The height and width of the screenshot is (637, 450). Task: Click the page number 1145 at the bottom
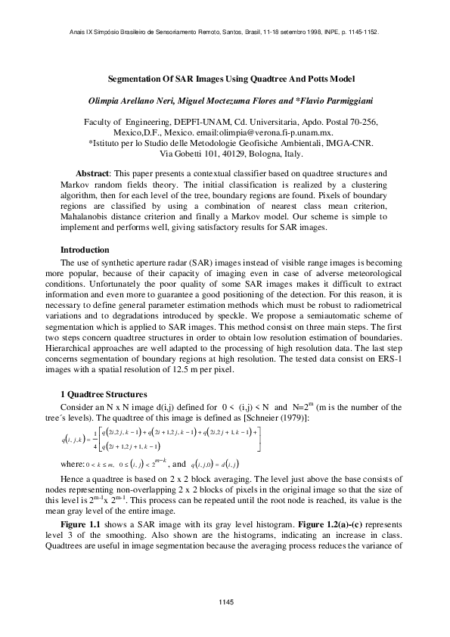[x=225, y=601]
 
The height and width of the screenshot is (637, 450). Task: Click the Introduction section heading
[x=85, y=250]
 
